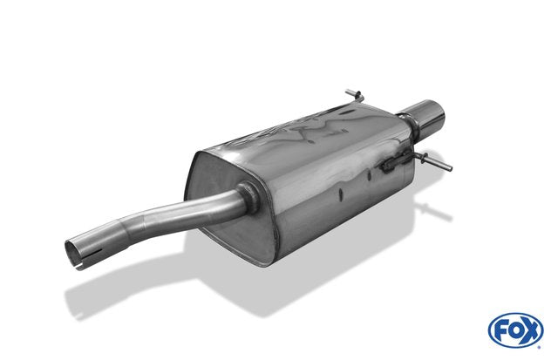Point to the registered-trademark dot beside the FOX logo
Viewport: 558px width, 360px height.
point(540,346)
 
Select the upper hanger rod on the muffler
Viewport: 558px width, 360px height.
point(355,95)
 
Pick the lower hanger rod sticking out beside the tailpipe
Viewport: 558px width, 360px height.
point(436,162)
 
